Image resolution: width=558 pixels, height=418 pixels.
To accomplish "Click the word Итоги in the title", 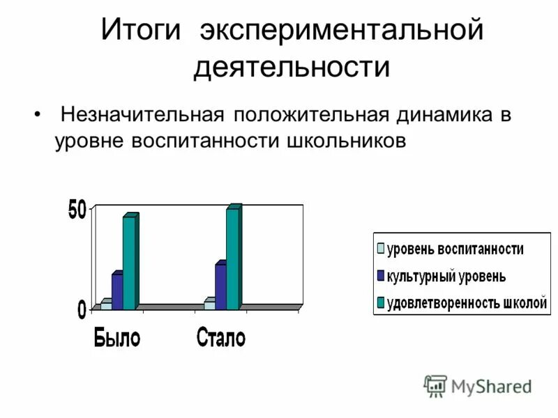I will (142, 31).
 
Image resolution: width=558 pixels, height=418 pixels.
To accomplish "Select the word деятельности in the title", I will (291, 68).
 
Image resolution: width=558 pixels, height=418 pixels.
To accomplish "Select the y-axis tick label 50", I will (77, 211).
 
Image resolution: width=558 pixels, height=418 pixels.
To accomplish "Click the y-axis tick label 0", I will (82, 309).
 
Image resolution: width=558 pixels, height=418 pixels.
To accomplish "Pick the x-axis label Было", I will (117, 339).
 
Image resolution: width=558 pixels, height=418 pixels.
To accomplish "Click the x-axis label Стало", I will (221, 339).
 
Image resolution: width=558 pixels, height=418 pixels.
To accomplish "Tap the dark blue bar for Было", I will (116, 291).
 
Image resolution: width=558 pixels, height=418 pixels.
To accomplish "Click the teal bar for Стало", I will (232, 258).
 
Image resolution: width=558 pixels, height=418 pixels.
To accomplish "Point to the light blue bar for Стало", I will (209, 304).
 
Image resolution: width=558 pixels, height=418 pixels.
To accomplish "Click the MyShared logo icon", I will (435, 386).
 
